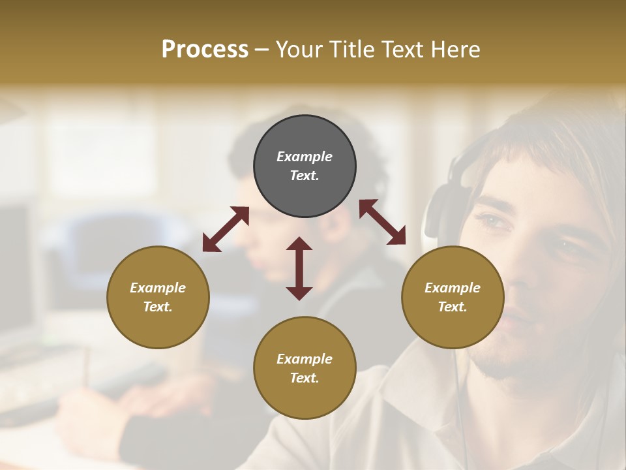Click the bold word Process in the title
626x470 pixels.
[x=205, y=50]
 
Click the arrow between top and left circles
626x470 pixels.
[x=226, y=229]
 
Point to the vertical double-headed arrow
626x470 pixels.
[x=299, y=268]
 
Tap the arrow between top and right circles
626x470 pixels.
[x=382, y=222]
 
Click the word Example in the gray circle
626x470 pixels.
[x=305, y=157]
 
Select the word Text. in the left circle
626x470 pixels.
[x=158, y=307]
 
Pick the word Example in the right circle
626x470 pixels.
[x=453, y=288]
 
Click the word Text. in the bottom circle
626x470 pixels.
[x=305, y=378]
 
